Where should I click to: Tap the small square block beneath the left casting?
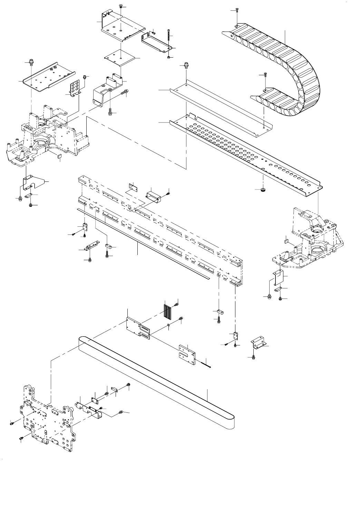click(x=59, y=156)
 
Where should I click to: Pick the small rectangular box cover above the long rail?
click(x=154, y=196)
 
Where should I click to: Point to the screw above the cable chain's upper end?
click(x=237, y=10)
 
